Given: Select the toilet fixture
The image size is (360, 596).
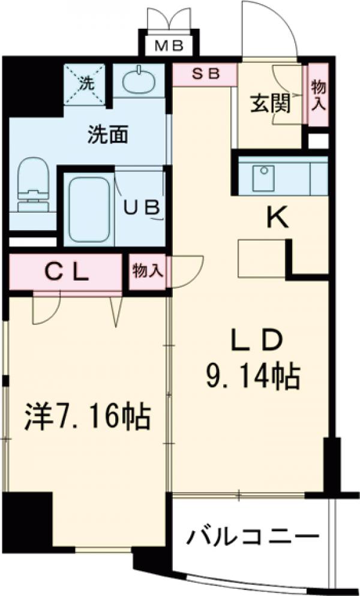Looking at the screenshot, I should [32, 184].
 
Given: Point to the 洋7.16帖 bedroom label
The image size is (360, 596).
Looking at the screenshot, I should [87, 416].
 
